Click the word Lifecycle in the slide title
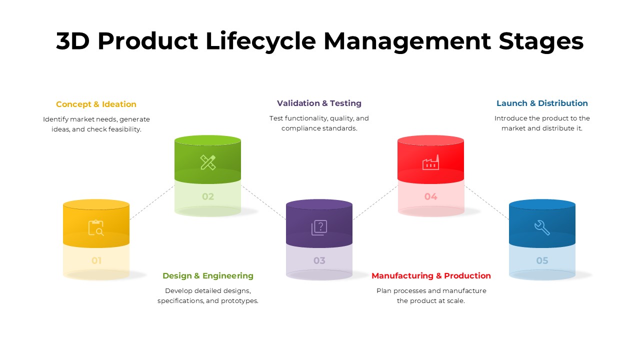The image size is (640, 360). (x=260, y=41)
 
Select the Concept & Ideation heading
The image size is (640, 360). (x=96, y=104)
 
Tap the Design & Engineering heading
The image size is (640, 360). (x=208, y=276)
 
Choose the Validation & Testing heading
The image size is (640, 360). (x=319, y=103)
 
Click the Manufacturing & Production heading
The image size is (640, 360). (x=431, y=276)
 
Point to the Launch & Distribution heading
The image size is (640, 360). (x=542, y=103)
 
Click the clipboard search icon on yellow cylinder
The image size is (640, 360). (x=96, y=227)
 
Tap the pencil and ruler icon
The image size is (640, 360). (x=208, y=162)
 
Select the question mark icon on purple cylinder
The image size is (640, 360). (x=319, y=227)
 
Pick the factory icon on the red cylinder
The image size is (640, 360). (x=430, y=162)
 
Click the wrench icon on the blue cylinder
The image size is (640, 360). (x=542, y=227)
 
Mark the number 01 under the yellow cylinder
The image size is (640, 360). (x=96, y=260)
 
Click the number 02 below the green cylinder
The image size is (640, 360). (x=208, y=196)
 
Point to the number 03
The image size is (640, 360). (x=319, y=260)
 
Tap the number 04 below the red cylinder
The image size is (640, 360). (x=430, y=196)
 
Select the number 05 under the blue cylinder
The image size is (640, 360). (x=542, y=260)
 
